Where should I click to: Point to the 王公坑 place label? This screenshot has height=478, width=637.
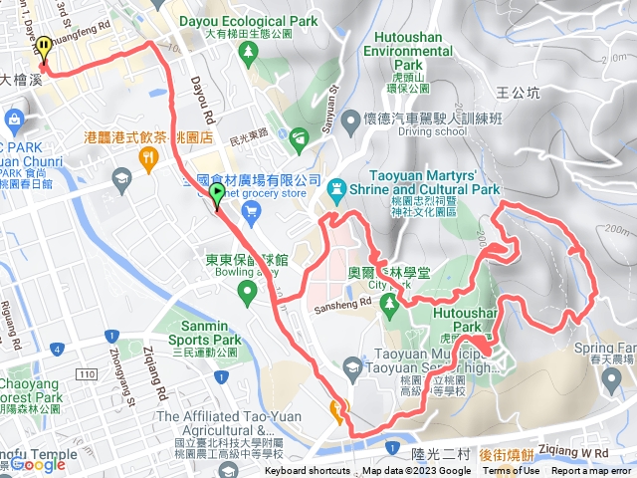[x=517, y=93]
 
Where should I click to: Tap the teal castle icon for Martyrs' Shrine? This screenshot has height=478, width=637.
[x=338, y=186]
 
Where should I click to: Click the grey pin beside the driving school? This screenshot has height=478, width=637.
[x=349, y=122]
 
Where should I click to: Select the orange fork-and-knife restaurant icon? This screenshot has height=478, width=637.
[x=148, y=155]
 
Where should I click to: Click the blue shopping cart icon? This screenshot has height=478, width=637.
[x=251, y=209]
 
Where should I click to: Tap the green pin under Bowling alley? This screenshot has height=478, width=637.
[x=246, y=292]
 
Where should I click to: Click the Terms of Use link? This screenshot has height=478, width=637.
[x=512, y=471]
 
